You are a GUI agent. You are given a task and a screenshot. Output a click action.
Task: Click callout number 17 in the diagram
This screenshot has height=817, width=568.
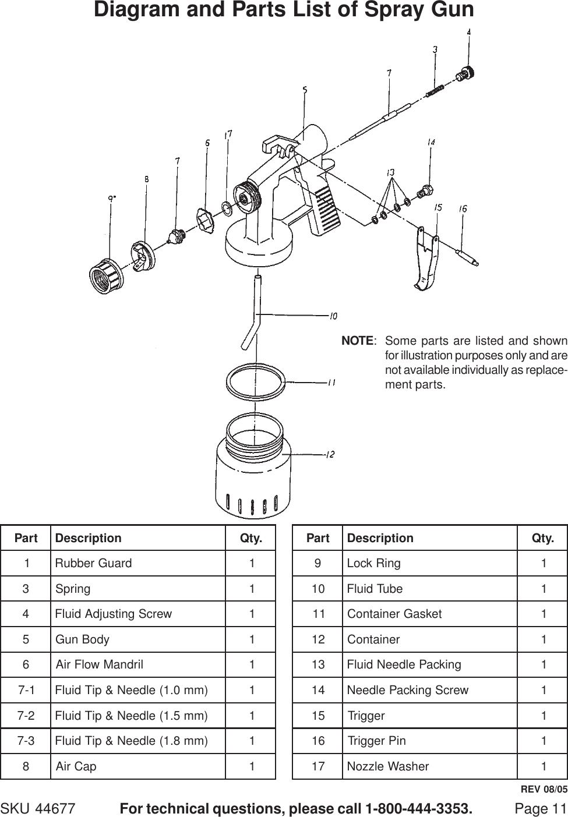(228, 135)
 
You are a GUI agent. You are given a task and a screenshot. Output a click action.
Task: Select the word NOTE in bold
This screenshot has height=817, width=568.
(357, 341)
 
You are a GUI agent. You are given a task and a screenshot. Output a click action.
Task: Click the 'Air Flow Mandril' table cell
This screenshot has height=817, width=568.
(99, 664)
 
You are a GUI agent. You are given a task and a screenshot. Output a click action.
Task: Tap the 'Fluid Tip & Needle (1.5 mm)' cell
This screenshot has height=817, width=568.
(131, 715)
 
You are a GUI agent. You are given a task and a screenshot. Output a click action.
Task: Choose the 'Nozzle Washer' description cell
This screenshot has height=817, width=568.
(388, 766)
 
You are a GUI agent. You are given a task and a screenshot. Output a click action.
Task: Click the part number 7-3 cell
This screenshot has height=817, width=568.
(26, 741)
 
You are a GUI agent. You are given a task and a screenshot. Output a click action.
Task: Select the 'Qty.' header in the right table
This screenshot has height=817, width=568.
(542, 538)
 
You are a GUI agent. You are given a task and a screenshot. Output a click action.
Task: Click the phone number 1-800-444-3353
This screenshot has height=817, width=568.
(418, 809)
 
